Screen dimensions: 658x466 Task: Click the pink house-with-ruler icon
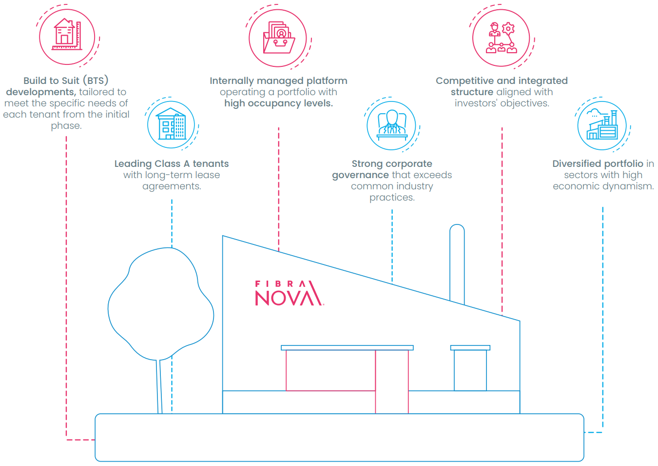point(67,34)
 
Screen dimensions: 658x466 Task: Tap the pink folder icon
point(278,38)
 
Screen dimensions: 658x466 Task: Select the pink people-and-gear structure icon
point(502,38)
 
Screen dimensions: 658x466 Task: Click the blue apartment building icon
point(172,124)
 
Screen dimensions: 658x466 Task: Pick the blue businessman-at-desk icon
point(392,125)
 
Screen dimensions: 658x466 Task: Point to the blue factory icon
point(602,124)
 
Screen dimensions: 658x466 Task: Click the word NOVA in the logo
point(289,297)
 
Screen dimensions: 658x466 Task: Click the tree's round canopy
point(161,304)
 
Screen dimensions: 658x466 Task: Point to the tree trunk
point(159,386)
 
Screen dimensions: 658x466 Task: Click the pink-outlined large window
point(331,370)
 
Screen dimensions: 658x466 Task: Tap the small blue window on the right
point(470,370)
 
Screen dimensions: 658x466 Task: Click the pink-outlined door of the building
point(392,382)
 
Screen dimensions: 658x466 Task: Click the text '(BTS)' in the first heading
point(96,80)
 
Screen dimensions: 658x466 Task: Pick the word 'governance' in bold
point(360,175)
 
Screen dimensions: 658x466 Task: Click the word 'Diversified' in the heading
point(576,163)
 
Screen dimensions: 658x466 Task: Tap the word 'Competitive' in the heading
point(463,81)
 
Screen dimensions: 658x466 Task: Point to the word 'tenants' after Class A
point(211,163)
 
